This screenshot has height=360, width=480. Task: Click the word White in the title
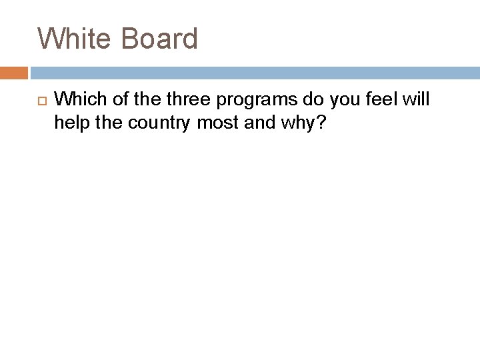(73, 39)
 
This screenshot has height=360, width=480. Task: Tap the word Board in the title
(159, 39)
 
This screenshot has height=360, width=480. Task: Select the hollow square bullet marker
(39, 100)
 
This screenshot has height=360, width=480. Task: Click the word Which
(78, 99)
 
